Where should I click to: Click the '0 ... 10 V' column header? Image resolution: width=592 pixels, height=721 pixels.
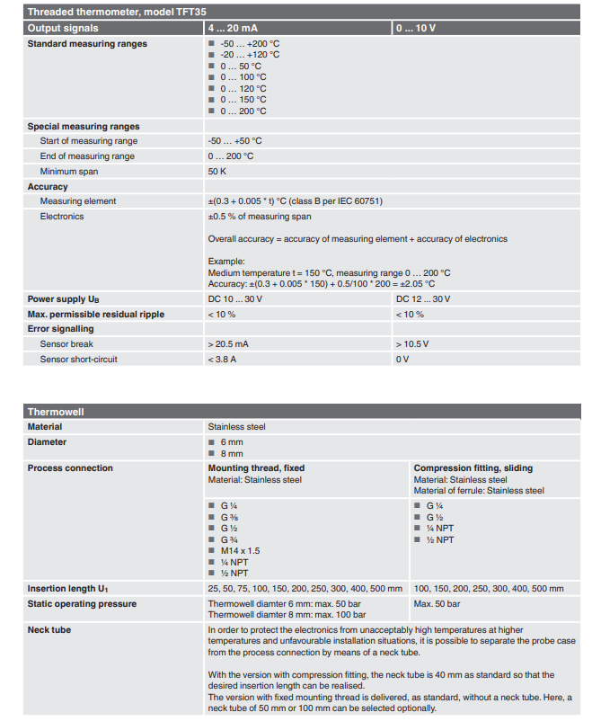pyautogui.click(x=416, y=29)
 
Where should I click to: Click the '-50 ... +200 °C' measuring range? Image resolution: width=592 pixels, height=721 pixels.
pyautogui.click(x=250, y=43)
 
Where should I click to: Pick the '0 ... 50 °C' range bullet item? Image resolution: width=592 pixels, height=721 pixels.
pyautogui.click(x=241, y=66)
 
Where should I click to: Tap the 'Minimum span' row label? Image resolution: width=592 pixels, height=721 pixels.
pyautogui.click(x=69, y=171)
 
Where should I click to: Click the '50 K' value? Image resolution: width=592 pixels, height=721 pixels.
pyautogui.click(x=217, y=171)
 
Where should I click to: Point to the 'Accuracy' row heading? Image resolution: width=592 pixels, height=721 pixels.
pyautogui.click(x=48, y=186)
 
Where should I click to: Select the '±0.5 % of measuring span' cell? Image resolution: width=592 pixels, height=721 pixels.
pyautogui.click(x=260, y=216)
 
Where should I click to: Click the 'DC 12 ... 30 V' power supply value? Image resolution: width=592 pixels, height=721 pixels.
pyautogui.click(x=423, y=298)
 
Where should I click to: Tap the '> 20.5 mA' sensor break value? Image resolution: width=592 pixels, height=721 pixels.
pyautogui.click(x=228, y=343)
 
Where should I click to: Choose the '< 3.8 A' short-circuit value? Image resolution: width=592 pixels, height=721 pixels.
pyautogui.click(x=223, y=359)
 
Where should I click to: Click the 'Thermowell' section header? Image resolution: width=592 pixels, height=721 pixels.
pyautogui.click(x=56, y=412)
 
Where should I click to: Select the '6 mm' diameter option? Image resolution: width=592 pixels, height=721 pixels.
pyautogui.click(x=232, y=441)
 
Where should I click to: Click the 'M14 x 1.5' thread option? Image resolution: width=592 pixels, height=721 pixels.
pyautogui.click(x=240, y=550)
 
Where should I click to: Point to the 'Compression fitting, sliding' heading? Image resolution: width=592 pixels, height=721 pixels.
pyautogui.click(x=473, y=467)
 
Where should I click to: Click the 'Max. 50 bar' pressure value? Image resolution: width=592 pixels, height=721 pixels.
pyautogui.click(x=437, y=603)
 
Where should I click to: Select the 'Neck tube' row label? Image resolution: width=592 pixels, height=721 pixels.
pyautogui.click(x=49, y=630)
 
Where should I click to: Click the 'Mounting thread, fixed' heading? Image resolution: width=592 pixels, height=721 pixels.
pyautogui.click(x=255, y=467)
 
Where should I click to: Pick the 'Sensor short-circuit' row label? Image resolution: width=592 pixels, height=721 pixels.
pyautogui.click(x=79, y=359)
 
